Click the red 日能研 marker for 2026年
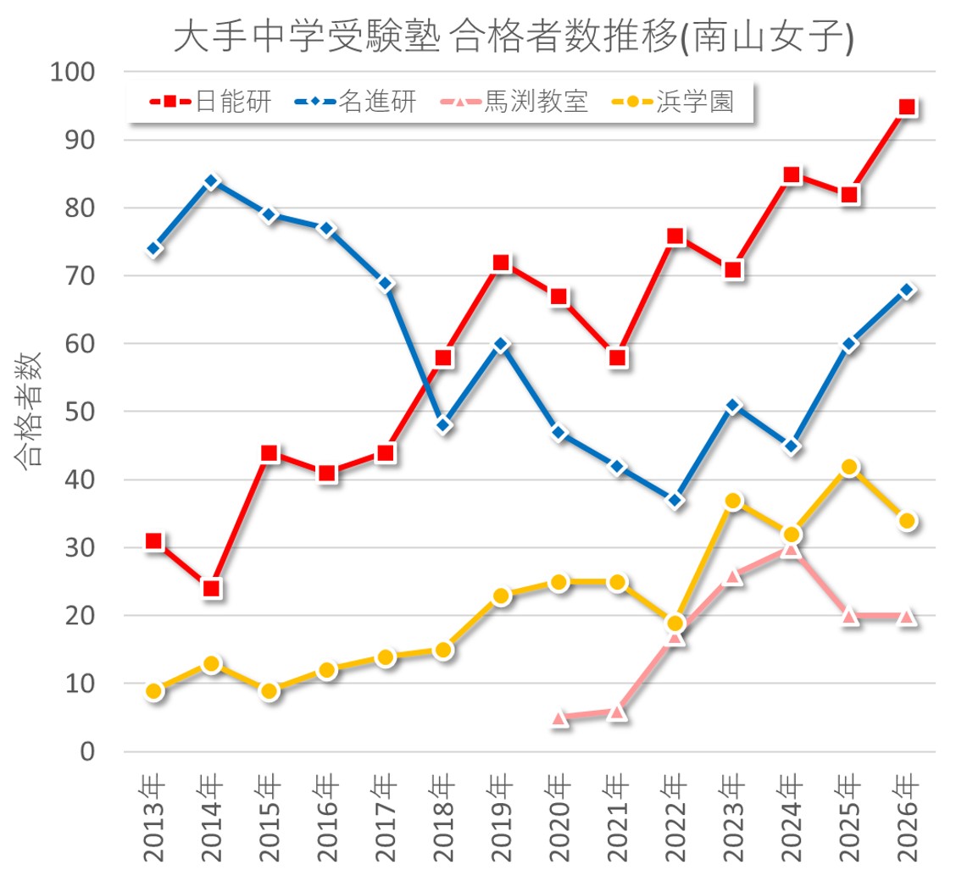pyautogui.click(x=907, y=108)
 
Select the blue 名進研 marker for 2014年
pyautogui.click(x=212, y=181)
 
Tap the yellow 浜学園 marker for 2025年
pyautogui.click(x=849, y=467)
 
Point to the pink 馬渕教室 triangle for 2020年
pyautogui.click(x=559, y=718)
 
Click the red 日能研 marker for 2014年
pyautogui.click(x=212, y=589)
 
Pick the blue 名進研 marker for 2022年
pyautogui.click(x=675, y=501)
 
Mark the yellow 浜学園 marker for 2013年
pyautogui.click(x=154, y=691)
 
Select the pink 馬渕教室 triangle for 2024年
pyautogui.click(x=792, y=549)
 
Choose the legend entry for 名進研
pyautogui.click(x=378, y=103)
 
